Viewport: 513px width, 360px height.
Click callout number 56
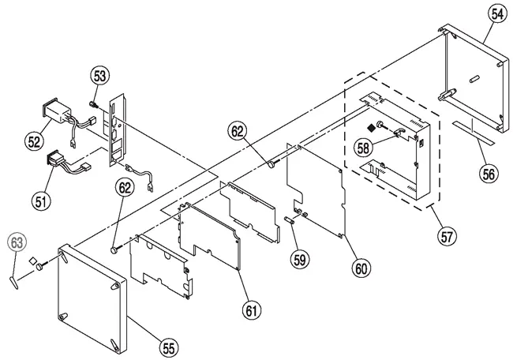pos(488,174)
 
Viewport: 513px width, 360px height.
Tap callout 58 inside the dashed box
pos(362,147)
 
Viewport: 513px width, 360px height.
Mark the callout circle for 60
pos(361,268)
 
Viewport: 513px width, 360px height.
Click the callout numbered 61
pos(251,311)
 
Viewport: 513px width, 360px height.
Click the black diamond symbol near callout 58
pos(369,127)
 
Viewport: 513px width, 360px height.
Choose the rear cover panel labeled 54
pos(474,75)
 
